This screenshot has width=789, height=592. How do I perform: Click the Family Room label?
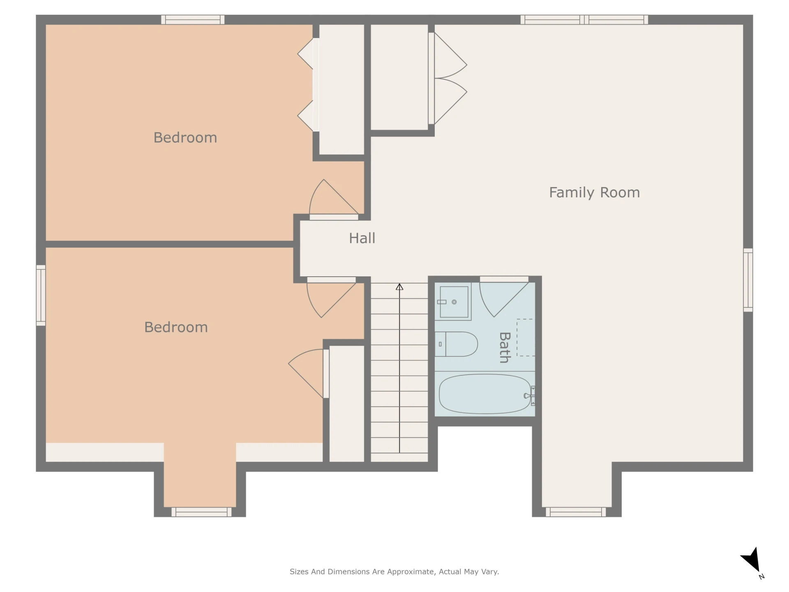(x=594, y=193)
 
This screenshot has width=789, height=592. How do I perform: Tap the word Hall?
(x=362, y=238)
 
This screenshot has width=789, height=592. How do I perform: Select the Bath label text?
(x=505, y=347)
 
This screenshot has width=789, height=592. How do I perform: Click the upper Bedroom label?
(x=185, y=138)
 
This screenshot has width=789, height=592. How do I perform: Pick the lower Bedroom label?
(x=176, y=327)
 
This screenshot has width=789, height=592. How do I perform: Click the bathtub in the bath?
(x=485, y=394)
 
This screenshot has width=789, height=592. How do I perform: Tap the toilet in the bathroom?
(x=456, y=344)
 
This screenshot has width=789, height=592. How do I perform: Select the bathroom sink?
(x=453, y=302)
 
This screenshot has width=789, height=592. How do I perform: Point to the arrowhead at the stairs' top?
(x=399, y=287)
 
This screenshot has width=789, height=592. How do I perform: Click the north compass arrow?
(x=752, y=560)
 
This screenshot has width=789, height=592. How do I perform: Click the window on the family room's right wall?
(x=748, y=280)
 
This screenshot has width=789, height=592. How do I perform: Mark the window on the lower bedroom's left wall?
(x=41, y=296)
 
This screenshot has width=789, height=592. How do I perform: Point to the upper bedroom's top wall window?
(x=193, y=19)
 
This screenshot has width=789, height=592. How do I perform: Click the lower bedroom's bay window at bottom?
(x=201, y=512)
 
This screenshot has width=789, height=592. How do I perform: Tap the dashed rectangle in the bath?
(x=526, y=338)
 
